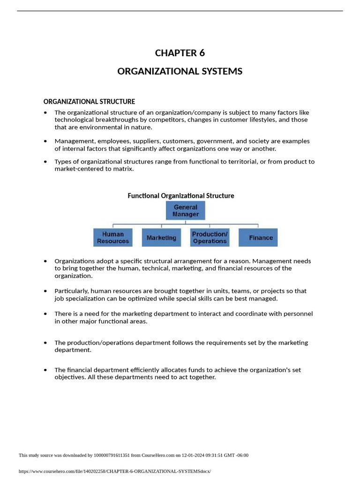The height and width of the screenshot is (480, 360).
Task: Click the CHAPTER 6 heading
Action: pos(180,53)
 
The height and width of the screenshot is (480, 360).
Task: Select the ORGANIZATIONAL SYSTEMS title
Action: pos(180,71)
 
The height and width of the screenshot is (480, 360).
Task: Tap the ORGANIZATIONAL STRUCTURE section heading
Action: pos(89,101)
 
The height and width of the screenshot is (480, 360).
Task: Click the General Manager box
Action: pos(186,210)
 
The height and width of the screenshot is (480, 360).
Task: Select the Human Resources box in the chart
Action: pos(113,238)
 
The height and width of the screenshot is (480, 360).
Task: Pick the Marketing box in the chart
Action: pos(161,238)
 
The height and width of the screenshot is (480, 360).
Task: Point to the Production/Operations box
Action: pos(210,238)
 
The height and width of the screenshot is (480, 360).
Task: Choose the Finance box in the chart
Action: pos(258,238)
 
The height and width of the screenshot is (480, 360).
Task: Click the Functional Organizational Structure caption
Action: pos(181,195)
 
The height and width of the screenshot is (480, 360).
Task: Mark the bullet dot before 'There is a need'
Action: pos(45,314)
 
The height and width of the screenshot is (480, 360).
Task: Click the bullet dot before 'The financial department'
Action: pos(45,370)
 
